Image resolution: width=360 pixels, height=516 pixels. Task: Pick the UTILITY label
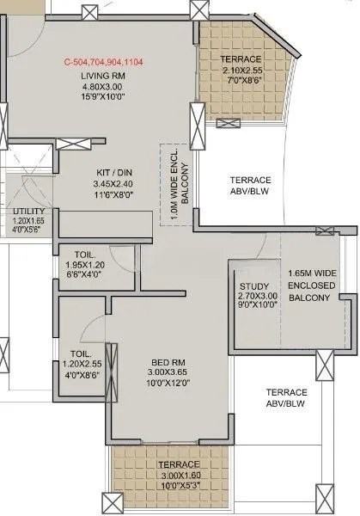click(x=28, y=210)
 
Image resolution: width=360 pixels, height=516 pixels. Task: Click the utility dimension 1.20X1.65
click(x=28, y=219)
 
